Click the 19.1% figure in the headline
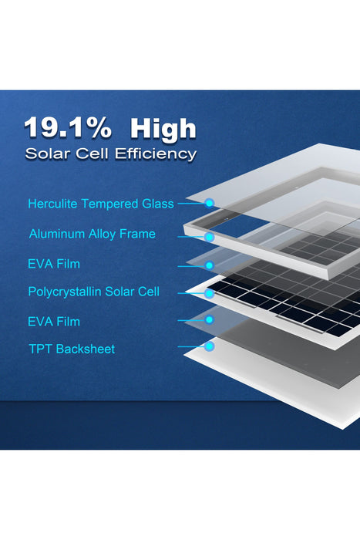pos(67,127)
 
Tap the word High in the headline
pos(163,127)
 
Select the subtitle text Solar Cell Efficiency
pos(110,153)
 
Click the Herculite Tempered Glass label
pos(100,204)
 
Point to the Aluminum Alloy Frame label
pos(92,234)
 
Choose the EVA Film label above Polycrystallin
pos(54,264)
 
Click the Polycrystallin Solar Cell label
pos(93,292)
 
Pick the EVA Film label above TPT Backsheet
pos(54,321)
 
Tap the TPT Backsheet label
pos(71,349)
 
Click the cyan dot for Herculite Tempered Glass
pos(209,204)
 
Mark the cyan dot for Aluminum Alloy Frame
pos(209,238)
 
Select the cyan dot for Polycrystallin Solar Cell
pos(209,294)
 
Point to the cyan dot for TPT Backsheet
pos(209,346)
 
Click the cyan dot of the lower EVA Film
pos(209,319)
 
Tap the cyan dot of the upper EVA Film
pos(209,265)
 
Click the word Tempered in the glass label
pos(110,204)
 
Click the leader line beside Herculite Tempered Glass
pos(191,204)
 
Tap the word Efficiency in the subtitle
pos(156,153)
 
